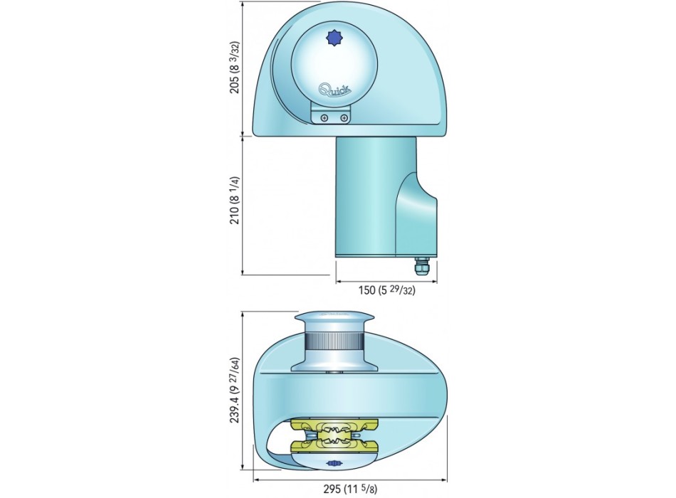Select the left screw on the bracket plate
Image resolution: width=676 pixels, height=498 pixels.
(x=324, y=117)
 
